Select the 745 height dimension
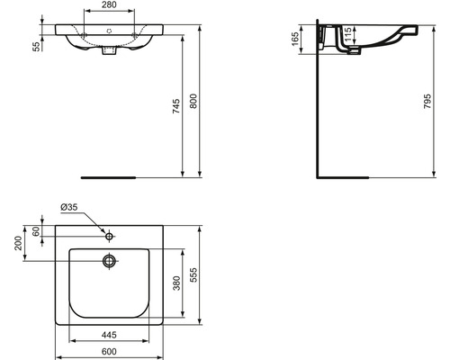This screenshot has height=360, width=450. [176, 107]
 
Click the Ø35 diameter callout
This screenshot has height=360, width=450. [69, 209]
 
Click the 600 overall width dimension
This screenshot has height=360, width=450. [109, 350]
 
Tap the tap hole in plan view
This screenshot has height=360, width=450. [109, 237]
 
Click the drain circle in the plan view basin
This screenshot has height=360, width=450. [109, 261]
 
